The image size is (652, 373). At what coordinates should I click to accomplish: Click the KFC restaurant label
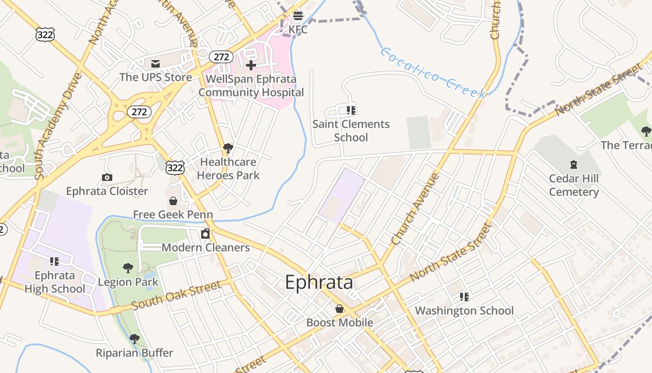(298, 30)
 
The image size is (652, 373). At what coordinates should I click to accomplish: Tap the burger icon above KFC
(298, 16)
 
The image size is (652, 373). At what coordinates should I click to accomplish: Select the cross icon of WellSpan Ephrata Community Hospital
(251, 65)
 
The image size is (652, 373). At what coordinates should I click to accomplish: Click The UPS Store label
(156, 77)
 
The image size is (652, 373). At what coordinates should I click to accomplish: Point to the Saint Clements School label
(351, 131)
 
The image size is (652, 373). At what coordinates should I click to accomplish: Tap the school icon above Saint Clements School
(351, 111)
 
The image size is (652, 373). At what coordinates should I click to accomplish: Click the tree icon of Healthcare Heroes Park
(228, 148)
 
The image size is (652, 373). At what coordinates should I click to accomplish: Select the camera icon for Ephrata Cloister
(107, 177)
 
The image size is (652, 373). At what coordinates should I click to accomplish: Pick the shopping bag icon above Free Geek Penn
(173, 201)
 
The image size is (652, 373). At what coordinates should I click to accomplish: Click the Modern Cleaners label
(205, 248)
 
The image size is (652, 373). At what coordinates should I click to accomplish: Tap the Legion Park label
(128, 282)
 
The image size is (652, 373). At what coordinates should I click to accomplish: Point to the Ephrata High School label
(54, 282)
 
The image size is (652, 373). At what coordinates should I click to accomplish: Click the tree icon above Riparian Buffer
(135, 339)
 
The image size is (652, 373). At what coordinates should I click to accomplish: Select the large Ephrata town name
(319, 283)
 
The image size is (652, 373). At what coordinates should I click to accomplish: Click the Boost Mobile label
(340, 323)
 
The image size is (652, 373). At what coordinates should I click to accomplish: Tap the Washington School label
(464, 311)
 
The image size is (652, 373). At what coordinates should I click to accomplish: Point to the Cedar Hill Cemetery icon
(574, 165)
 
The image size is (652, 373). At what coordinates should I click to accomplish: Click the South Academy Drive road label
(52, 126)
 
